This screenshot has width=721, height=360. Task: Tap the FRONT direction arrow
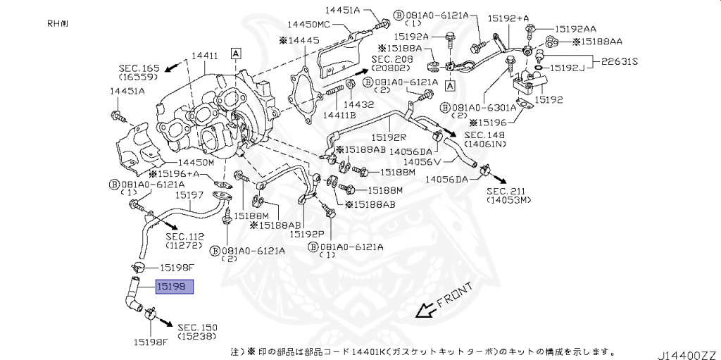pyautogui.click(x=424, y=309)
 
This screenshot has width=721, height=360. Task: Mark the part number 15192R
pyautogui.click(x=390, y=137)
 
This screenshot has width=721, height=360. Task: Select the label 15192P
pyautogui.click(x=308, y=234)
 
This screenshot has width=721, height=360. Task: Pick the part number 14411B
pyautogui.click(x=339, y=115)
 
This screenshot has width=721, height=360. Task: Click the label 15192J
pyautogui.click(x=568, y=68)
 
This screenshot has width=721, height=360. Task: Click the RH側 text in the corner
pyautogui.click(x=59, y=23)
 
